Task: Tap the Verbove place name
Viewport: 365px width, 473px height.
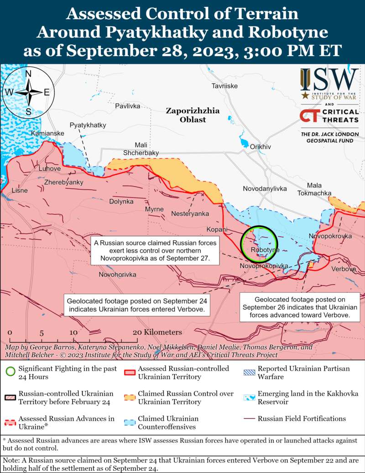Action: pos(343,269)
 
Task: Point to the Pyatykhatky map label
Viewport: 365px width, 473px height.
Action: pos(88,125)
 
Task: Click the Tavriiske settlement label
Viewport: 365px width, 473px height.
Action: pos(224,86)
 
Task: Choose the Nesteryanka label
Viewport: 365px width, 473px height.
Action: pos(190,213)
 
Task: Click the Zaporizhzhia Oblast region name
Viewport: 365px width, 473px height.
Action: pos(193,115)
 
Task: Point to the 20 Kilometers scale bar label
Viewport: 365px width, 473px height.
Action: pos(157,333)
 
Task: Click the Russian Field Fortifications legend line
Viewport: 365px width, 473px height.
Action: pos(249,419)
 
